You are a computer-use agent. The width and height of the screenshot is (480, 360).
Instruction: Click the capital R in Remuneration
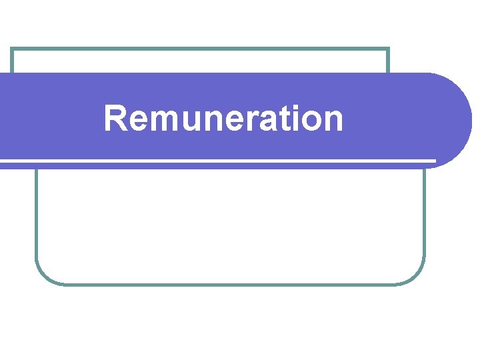[x=115, y=119]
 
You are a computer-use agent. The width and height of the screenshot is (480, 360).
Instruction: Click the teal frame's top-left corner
[x=13, y=49]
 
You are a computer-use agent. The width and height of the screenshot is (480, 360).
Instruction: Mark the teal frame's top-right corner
[x=388, y=49]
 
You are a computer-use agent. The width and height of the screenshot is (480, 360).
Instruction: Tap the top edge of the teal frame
[x=200, y=49]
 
